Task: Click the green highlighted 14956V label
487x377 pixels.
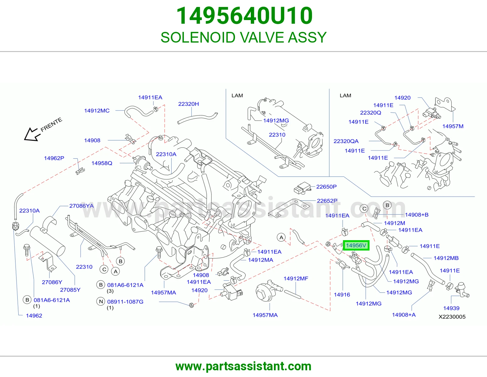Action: click(356, 246)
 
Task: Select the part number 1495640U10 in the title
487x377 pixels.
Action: click(244, 16)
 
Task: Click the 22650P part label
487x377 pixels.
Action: click(326, 187)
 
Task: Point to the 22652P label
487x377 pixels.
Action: click(327, 201)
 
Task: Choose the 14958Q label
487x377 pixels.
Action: click(102, 163)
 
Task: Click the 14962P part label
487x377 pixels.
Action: click(54, 158)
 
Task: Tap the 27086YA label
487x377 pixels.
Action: click(81, 206)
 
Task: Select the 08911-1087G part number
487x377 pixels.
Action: click(125, 302)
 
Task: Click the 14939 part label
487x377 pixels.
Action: click(451, 308)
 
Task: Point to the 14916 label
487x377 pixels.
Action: click(342, 295)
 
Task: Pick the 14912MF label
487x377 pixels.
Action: click(296, 278)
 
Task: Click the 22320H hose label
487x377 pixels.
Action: click(188, 104)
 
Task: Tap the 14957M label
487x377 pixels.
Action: click(453, 126)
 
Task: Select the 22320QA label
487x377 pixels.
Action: click(346, 141)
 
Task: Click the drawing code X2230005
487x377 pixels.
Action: click(452, 317)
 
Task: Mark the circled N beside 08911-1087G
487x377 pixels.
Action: click(101, 302)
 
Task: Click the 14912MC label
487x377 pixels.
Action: click(97, 111)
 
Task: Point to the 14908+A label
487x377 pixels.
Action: click(404, 315)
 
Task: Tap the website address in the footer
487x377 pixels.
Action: click(243, 366)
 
